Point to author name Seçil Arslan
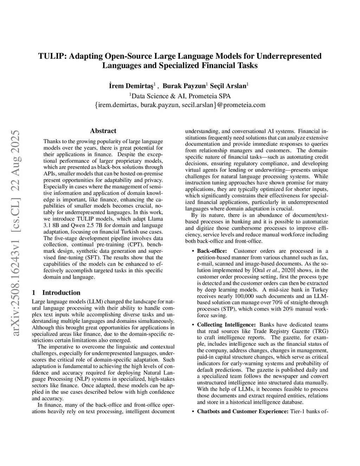[229, 86]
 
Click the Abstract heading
[103, 131]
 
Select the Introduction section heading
[61, 293]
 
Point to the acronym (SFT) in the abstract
[91, 257]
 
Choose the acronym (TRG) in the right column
[320, 331]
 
